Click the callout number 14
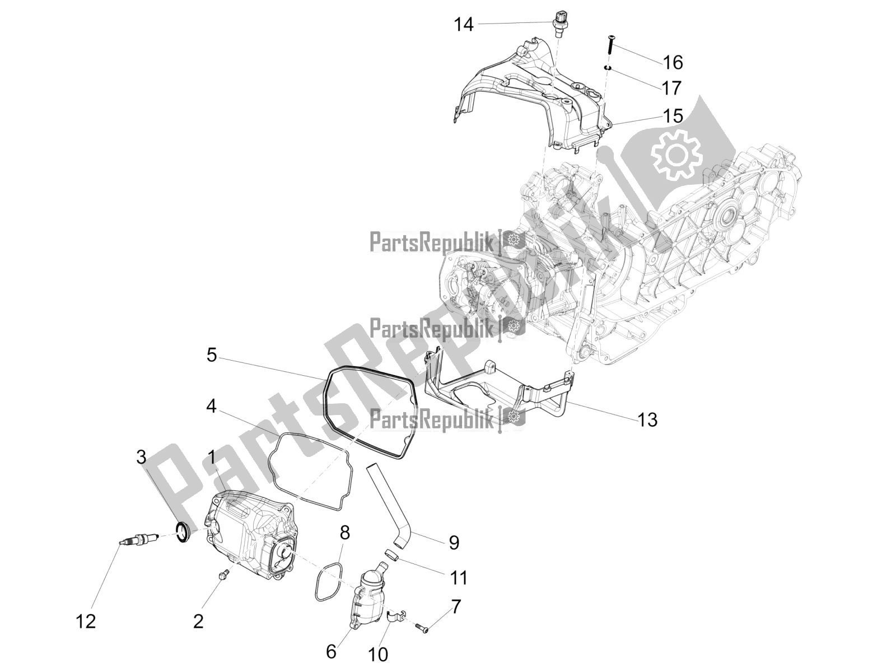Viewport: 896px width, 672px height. pyautogui.click(x=464, y=25)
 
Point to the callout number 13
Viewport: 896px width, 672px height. pyautogui.click(x=647, y=419)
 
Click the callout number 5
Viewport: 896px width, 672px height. pyautogui.click(x=211, y=355)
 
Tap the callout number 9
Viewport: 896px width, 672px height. pyautogui.click(x=454, y=542)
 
